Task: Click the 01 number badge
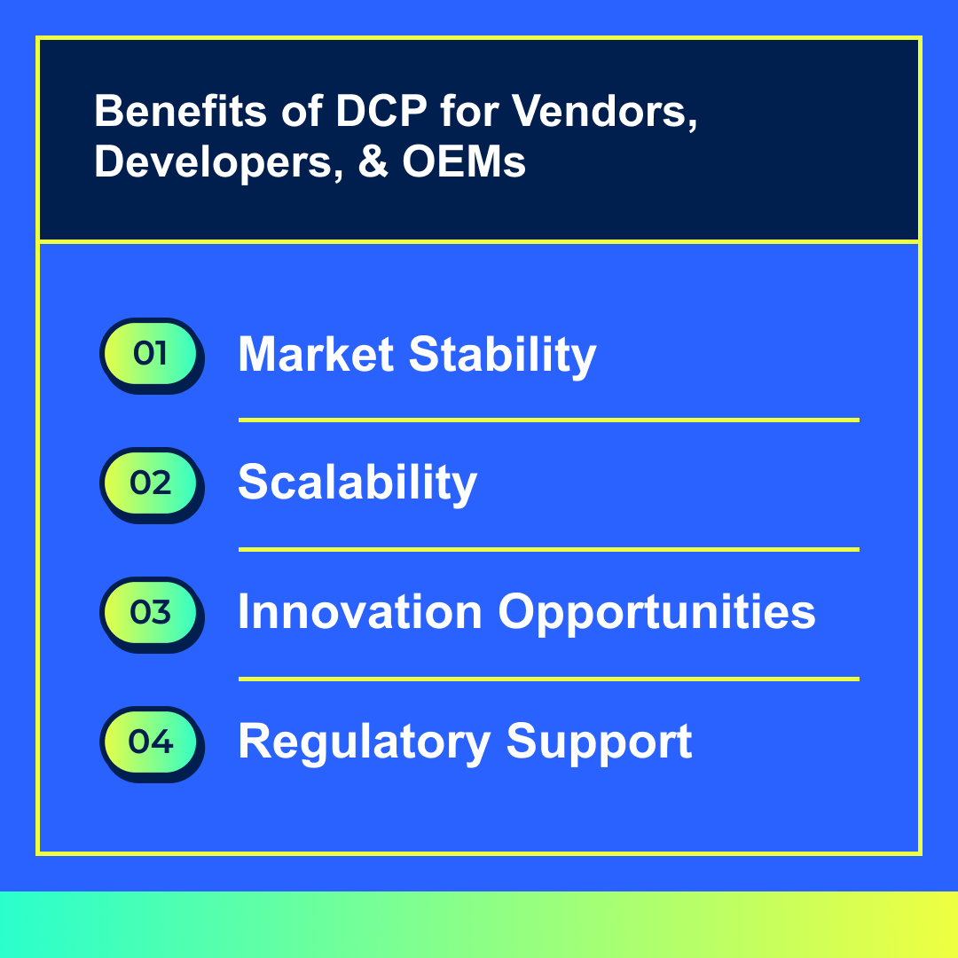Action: click(x=152, y=356)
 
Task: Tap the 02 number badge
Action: click(x=152, y=485)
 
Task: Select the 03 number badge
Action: click(x=152, y=615)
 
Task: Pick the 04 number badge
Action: click(x=152, y=744)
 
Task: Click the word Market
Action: click(x=316, y=354)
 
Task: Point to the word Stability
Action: click(x=502, y=356)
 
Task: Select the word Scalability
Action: click(x=357, y=483)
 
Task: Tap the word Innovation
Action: click(x=360, y=611)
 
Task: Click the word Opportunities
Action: click(x=656, y=614)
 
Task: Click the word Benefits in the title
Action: click(x=180, y=111)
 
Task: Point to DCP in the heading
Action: click(x=381, y=111)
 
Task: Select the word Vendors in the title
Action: click(x=604, y=113)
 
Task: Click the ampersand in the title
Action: click(x=373, y=161)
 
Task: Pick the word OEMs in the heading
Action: click(x=464, y=161)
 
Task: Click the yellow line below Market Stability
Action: click(x=549, y=420)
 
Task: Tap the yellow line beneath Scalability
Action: click(x=549, y=549)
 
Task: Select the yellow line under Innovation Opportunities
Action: click(x=549, y=679)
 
